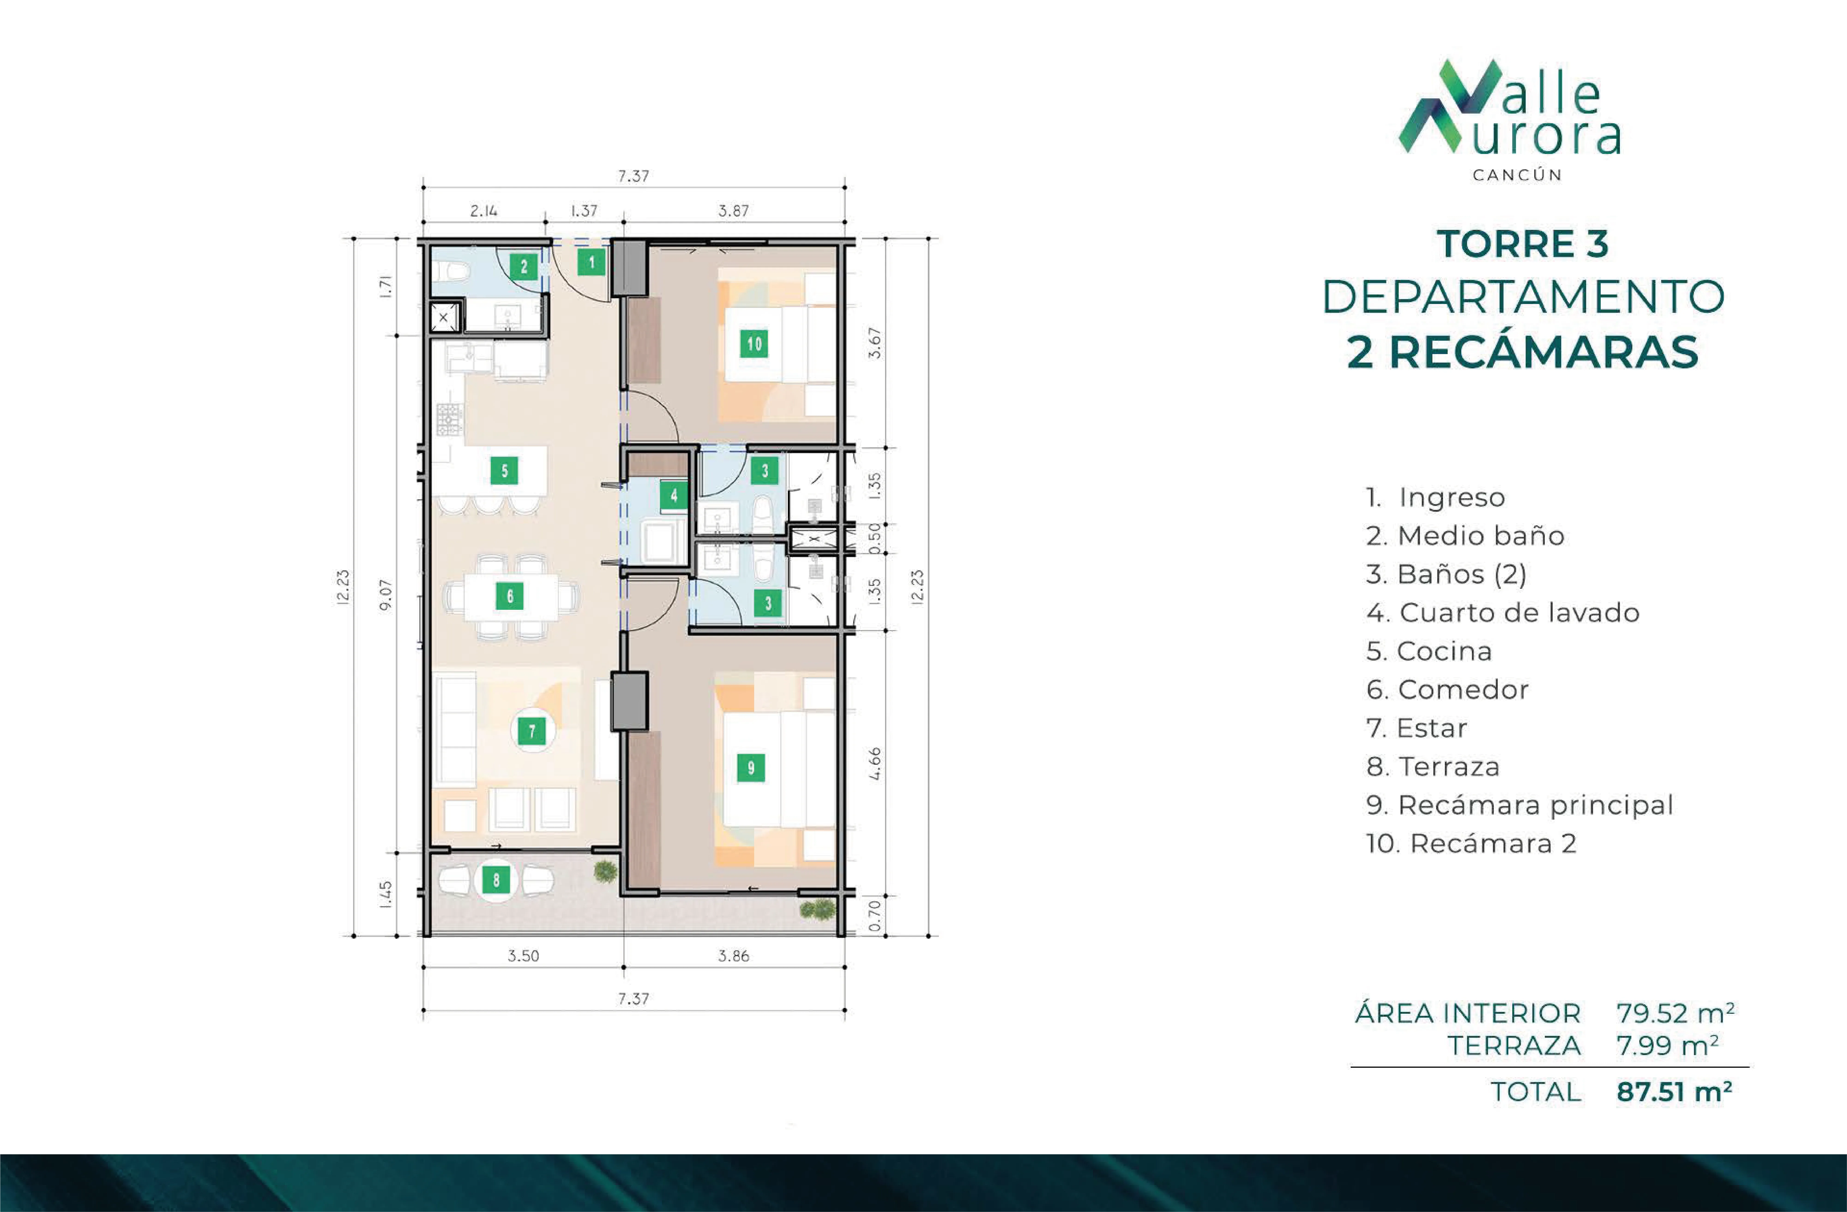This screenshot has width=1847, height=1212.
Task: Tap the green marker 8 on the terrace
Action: click(x=496, y=880)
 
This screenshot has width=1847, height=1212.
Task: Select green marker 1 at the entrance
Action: click(x=591, y=262)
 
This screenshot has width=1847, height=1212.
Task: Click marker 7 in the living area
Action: click(x=532, y=730)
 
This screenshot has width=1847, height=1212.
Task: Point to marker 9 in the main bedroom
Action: click(x=750, y=767)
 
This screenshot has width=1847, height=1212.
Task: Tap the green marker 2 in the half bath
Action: click(x=524, y=267)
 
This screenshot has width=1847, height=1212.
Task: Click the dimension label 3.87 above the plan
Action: click(x=733, y=210)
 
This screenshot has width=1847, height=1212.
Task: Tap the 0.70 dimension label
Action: click(x=875, y=916)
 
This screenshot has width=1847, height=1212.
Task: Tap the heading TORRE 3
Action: click(x=1523, y=244)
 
